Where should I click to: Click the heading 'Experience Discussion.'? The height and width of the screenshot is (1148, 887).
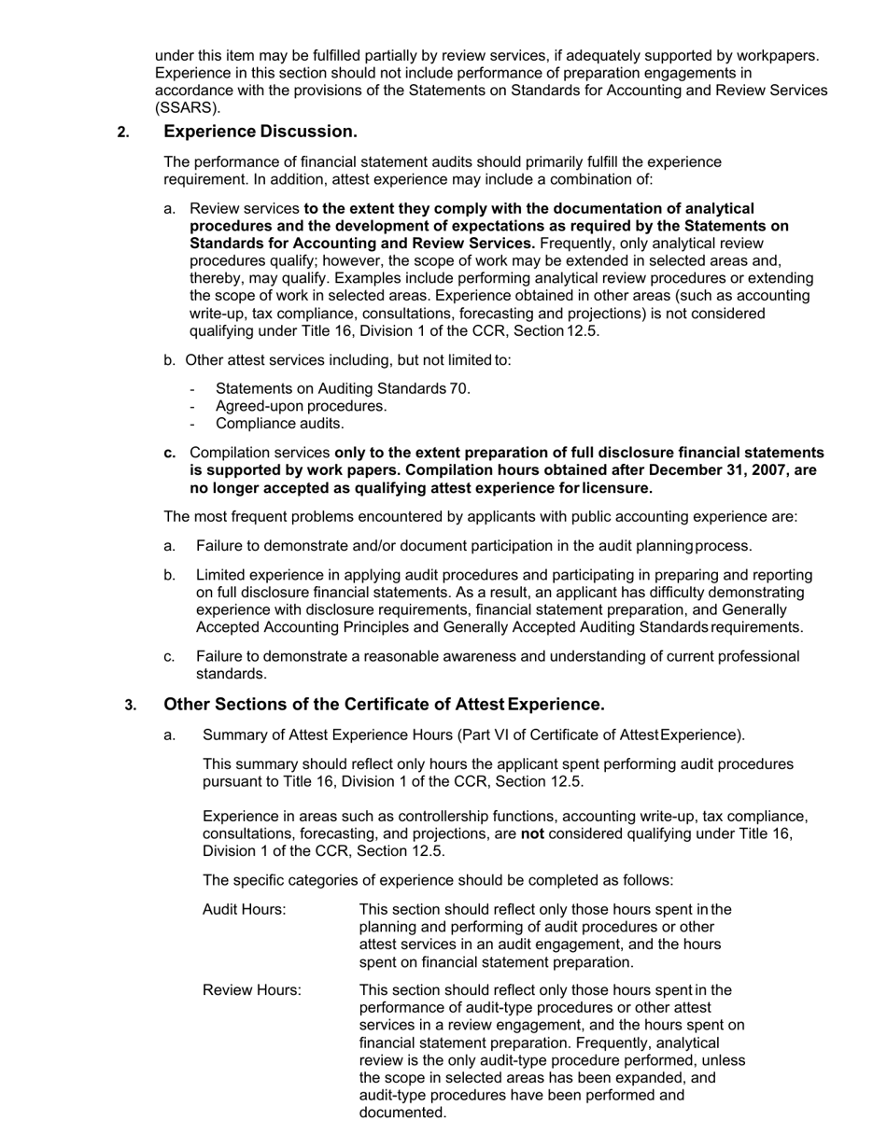click(260, 132)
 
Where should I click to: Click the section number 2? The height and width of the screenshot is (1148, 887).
click(123, 133)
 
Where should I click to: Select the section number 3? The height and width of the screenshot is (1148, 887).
click(131, 705)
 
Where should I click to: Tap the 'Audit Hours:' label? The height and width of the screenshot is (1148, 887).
click(244, 909)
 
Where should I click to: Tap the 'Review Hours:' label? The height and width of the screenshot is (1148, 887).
click(251, 989)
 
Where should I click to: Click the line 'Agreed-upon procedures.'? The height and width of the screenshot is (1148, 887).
click(301, 406)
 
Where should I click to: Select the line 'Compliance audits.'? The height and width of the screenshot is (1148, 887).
click(279, 424)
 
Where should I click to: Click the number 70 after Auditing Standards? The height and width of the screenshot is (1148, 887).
click(458, 388)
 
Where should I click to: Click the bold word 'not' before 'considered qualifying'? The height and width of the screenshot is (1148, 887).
click(532, 833)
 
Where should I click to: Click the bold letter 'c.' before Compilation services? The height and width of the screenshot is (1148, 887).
click(170, 453)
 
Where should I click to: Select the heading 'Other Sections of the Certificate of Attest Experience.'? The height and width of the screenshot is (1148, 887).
click(384, 704)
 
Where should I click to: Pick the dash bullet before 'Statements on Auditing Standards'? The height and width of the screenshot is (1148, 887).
click(192, 389)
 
